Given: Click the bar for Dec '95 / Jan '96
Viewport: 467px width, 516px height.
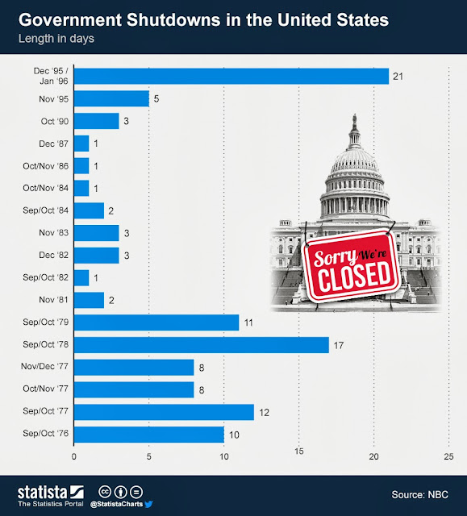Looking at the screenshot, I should (231, 77).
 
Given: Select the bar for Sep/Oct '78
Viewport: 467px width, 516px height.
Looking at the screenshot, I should (202, 345).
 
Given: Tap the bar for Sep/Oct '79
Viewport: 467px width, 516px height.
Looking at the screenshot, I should (156, 322).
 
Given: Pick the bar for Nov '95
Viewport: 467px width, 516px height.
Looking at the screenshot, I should (112, 98).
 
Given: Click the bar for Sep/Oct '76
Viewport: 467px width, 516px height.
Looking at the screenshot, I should (149, 435).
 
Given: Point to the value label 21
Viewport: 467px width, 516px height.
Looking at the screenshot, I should (396, 77).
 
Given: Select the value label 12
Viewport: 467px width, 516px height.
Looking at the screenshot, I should (261, 412).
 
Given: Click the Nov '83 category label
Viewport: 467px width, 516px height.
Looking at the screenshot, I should (53, 233).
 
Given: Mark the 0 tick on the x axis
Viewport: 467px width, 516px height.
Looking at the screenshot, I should (74, 456).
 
